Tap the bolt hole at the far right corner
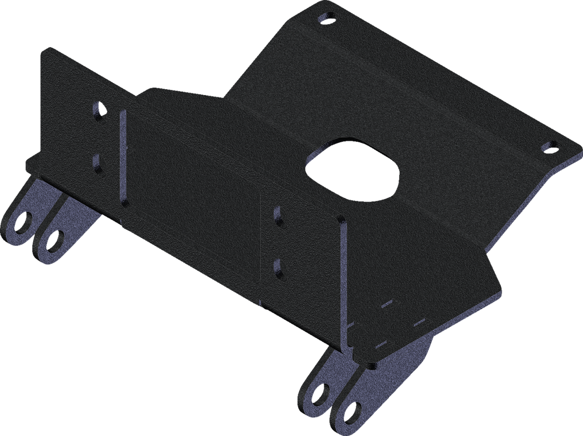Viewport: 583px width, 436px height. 548,146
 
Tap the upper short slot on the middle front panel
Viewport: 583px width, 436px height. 277,215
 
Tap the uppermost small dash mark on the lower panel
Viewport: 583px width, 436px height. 387,303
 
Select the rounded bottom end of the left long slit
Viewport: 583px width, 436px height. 125,203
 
